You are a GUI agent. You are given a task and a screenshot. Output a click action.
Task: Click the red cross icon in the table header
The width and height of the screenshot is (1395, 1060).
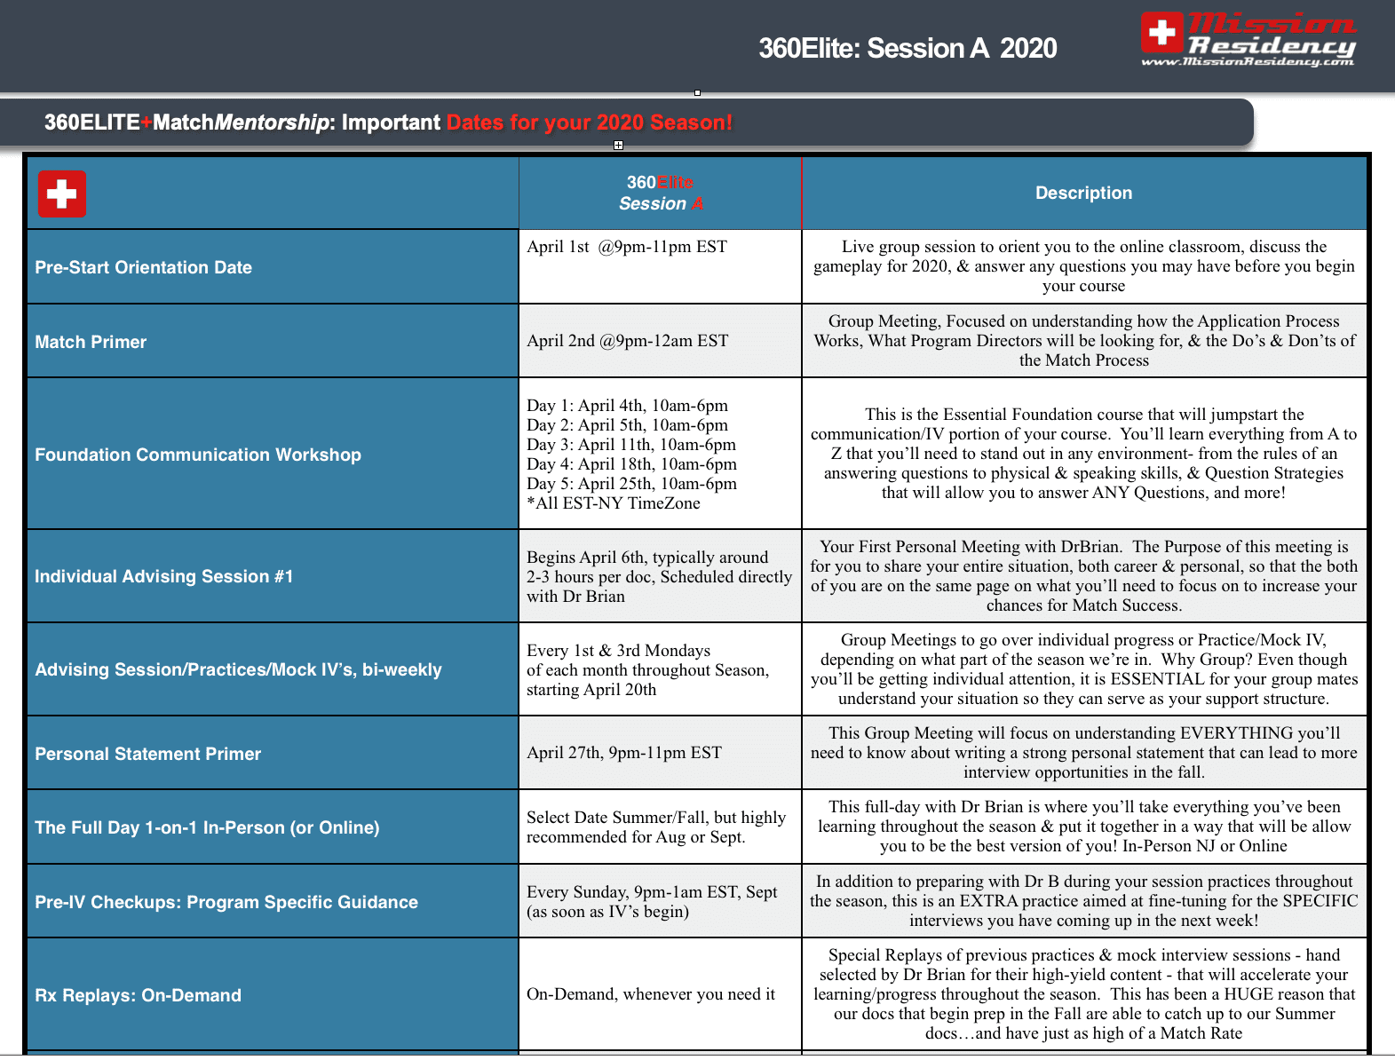tap(62, 194)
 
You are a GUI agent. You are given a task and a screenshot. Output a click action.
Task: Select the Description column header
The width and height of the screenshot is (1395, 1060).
tap(1083, 193)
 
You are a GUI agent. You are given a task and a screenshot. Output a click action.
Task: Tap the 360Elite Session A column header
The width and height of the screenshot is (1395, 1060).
tap(661, 193)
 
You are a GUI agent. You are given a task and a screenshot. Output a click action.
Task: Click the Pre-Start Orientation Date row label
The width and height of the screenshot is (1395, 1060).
tap(143, 267)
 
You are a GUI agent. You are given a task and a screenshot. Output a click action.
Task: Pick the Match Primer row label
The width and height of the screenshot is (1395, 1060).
tap(91, 342)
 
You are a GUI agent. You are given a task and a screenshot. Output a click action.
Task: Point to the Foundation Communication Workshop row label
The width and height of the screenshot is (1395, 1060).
tap(198, 455)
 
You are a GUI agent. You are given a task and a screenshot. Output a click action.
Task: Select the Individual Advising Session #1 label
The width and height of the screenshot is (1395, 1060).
tap(163, 576)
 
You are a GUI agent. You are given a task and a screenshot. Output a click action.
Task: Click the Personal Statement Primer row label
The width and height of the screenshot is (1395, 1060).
tap(147, 754)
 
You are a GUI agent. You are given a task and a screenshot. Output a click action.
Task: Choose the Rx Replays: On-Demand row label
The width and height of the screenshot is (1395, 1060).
tap(138, 995)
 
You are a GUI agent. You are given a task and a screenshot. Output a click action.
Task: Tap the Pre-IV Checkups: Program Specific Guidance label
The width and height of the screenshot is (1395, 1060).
tap(226, 902)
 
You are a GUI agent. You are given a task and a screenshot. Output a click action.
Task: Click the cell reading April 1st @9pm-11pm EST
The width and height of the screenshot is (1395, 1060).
tap(627, 247)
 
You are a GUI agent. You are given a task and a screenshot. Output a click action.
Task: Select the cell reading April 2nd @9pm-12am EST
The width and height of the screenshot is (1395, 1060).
tap(627, 341)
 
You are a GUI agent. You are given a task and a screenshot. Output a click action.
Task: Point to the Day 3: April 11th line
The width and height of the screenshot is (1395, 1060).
tap(630, 445)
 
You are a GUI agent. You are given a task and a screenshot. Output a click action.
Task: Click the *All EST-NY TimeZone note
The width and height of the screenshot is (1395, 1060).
tap(613, 503)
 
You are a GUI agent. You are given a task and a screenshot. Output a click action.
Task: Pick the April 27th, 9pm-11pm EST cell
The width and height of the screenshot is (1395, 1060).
tap(623, 753)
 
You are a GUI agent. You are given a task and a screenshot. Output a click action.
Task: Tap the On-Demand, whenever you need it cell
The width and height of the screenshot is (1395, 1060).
tap(650, 994)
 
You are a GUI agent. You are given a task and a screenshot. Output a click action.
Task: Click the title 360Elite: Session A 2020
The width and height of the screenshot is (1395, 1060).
tap(908, 48)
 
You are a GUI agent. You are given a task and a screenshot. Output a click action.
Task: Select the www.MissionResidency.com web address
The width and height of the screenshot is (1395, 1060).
tap(1247, 62)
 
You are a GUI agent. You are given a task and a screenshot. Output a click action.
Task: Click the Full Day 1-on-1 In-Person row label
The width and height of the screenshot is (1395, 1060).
tap(207, 827)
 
